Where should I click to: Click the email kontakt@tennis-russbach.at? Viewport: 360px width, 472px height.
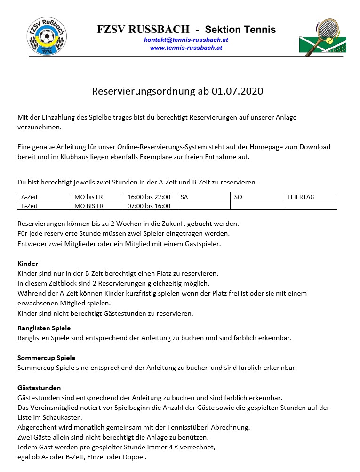(186, 40)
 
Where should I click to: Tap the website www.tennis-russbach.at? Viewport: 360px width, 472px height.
(186, 48)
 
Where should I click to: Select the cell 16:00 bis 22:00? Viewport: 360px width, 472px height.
(151, 197)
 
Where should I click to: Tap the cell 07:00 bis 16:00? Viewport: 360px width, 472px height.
(151, 206)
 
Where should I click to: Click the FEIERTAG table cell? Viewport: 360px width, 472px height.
(311, 197)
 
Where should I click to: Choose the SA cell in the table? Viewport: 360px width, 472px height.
(203, 197)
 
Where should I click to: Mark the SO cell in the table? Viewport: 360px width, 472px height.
(257, 197)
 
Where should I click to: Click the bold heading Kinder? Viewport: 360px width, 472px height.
(28, 264)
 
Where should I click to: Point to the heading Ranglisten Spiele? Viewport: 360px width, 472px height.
(44, 328)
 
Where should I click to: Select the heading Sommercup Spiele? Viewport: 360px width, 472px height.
(46, 358)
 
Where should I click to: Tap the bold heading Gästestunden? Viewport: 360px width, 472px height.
(39, 388)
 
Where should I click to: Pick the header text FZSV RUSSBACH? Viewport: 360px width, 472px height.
(143, 30)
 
